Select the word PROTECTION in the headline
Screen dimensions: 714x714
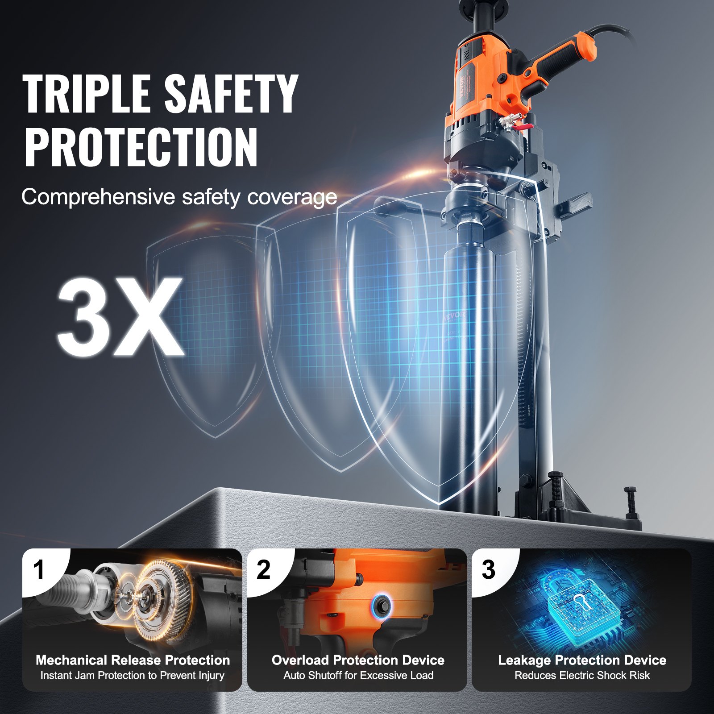[x=141, y=147]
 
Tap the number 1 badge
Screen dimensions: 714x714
[x=39, y=570]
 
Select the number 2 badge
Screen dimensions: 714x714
[x=263, y=570]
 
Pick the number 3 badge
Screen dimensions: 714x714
[x=488, y=570]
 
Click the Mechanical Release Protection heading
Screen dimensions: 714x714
[x=133, y=660]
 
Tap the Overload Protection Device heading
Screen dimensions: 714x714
[x=358, y=660]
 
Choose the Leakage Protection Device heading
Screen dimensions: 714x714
[x=582, y=660]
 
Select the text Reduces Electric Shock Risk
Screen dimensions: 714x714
[x=582, y=676]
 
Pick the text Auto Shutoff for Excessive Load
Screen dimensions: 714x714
[x=358, y=676]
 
